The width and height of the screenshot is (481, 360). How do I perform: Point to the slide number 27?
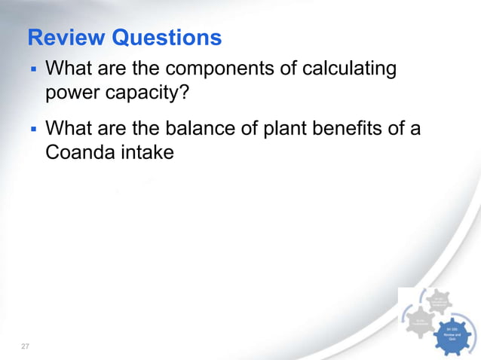[x=25, y=346]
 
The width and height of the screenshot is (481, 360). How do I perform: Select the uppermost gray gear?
[x=440, y=301]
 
